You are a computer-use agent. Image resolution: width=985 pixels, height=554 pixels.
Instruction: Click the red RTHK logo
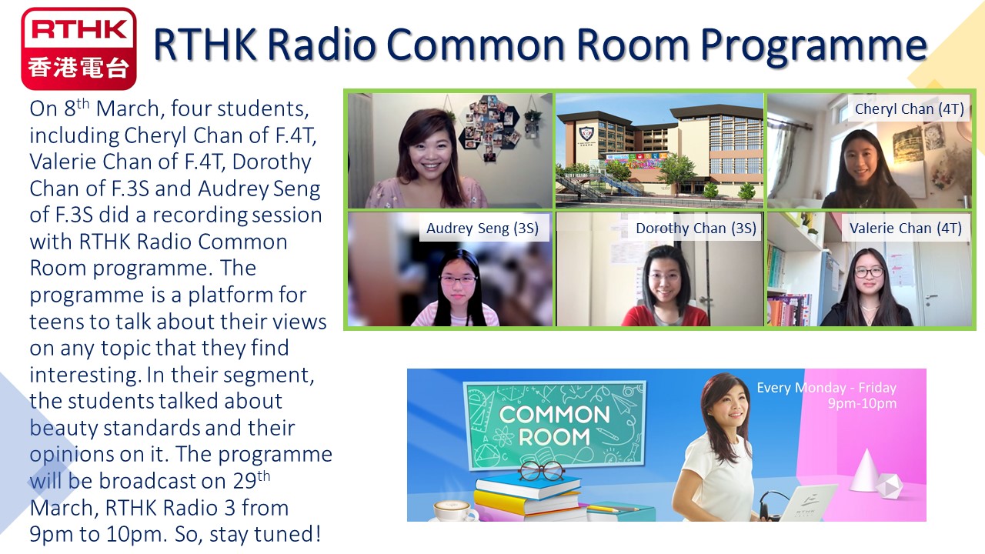78,48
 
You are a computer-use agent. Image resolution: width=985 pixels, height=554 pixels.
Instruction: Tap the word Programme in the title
813,45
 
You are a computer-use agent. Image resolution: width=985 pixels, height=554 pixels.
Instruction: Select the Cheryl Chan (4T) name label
909,108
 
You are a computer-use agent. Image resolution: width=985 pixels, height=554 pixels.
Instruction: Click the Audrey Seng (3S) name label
482,228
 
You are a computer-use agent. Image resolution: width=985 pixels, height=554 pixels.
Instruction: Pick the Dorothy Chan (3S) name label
696,228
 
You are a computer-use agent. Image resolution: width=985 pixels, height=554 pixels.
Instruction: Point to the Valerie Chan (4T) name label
906,228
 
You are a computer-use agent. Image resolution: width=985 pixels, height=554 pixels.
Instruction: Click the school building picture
659,150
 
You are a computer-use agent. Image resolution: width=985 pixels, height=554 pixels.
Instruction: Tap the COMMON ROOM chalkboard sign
555,425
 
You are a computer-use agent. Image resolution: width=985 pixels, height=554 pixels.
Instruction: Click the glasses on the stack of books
541,471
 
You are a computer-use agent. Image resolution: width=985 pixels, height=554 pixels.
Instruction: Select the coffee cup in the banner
455,510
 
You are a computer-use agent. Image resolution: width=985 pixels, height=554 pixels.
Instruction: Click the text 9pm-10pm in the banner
862,403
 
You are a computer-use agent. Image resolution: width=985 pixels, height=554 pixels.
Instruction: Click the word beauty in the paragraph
64,429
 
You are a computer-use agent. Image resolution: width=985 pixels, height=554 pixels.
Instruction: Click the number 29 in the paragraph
245,481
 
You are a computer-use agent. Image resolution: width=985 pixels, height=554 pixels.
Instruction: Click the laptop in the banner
807,503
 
